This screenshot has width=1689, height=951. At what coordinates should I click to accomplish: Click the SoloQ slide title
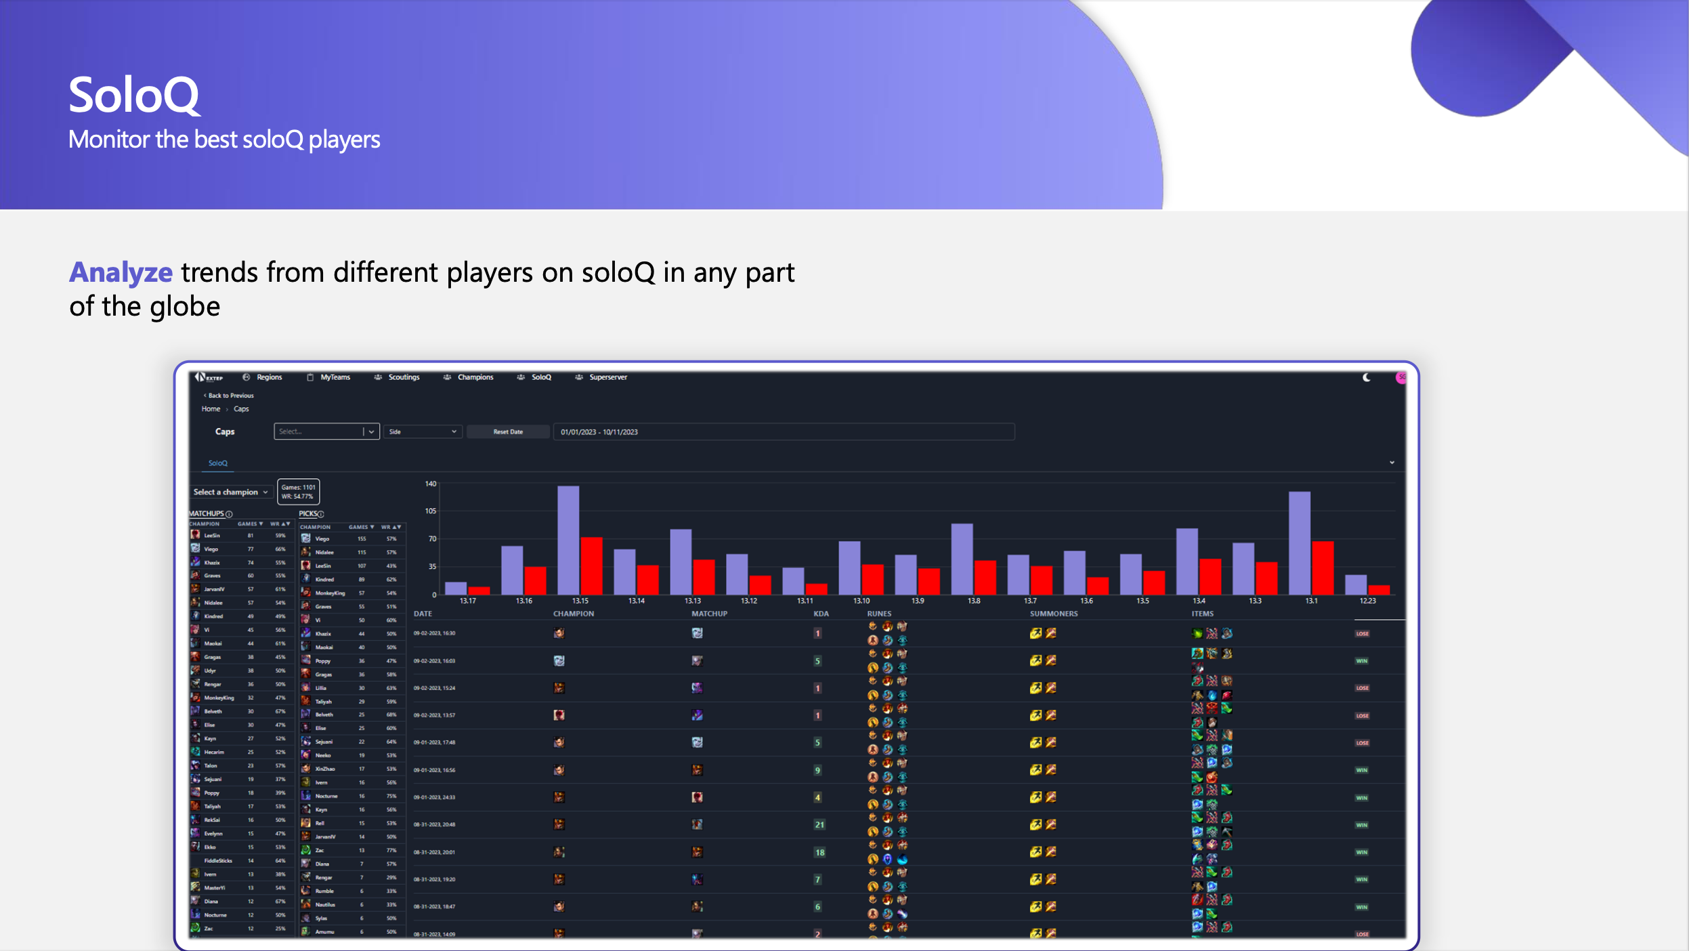(134, 95)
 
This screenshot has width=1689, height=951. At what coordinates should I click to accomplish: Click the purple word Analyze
(121, 272)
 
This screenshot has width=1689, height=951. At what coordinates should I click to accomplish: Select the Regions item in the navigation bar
(269, 377)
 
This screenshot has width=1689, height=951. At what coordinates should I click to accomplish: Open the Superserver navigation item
(607, 377)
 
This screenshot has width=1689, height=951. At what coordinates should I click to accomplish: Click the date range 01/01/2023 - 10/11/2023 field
(783, 432)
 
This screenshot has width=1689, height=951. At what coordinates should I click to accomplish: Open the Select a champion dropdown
(230, 492)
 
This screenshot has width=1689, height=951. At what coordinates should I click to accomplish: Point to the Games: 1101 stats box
(298, 492)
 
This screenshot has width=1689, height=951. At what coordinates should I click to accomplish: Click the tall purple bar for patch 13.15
(568, 540)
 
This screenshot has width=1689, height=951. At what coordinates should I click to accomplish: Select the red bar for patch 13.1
(1323, 568)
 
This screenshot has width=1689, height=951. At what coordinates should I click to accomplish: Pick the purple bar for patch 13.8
(962, 559)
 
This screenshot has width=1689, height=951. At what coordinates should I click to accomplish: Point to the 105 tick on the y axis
(431, 511)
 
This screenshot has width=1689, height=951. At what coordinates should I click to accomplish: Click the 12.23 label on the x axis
(1367, 601)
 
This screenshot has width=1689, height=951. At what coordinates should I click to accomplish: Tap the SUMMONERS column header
(1053, 614)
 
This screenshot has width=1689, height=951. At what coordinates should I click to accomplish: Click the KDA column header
(821, 614)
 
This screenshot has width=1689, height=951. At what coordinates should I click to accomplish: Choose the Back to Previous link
(230, 396)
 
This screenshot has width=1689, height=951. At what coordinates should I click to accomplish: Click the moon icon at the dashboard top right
(1367, 378)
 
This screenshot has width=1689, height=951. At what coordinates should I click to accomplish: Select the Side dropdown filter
(423, 432)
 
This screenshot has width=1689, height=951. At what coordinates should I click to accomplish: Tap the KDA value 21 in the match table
(819, 825)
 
